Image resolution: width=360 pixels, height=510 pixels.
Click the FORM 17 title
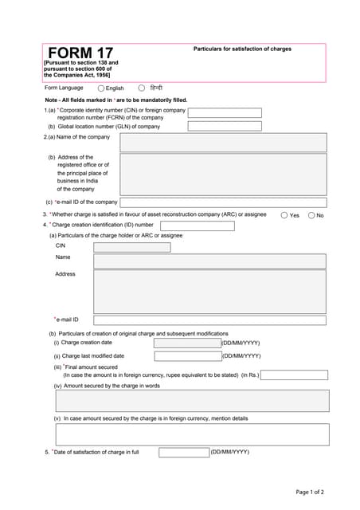80,53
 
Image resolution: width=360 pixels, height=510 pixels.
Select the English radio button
101,88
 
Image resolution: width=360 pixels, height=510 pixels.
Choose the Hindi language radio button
142,88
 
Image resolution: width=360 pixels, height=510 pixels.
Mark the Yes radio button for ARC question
284,215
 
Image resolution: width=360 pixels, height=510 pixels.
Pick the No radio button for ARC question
311,215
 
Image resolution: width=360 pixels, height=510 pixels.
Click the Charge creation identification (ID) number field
198,226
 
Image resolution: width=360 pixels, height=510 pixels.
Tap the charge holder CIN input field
131,247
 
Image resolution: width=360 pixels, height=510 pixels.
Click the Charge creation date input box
187,343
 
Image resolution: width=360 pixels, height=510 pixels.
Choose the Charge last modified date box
187,356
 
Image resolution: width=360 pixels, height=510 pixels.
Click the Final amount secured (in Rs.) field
294,375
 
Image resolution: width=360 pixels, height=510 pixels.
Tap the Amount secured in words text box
192,401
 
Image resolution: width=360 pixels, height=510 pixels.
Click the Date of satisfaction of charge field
184,453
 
